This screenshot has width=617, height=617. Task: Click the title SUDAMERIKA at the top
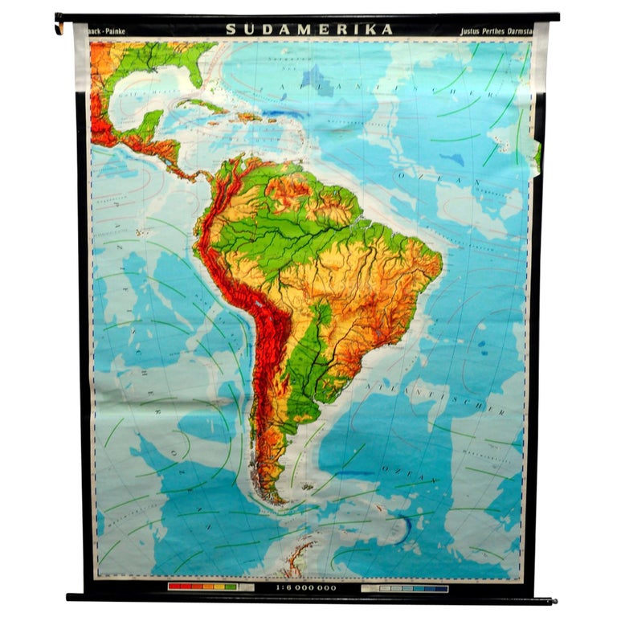[309, 30]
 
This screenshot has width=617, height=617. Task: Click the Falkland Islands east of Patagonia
[306, 486]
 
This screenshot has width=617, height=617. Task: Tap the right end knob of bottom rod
[552, 599]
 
